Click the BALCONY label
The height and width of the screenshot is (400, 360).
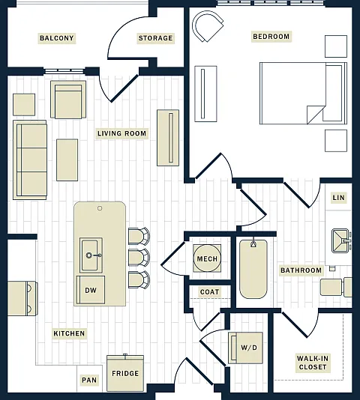point(57,38)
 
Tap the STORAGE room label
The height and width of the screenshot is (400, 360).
point(155,38)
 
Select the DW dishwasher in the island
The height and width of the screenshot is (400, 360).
point(91,290)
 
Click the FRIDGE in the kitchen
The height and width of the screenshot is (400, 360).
point(125,373)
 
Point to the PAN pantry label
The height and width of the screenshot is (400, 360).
point(89,380)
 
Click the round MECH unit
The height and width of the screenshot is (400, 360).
point(207,258)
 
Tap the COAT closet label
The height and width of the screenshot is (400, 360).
point(209,292)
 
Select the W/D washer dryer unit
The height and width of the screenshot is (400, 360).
point(245,348)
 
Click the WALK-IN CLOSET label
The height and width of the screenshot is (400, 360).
point(313,363)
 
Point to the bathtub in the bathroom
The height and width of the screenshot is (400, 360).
point(253,269)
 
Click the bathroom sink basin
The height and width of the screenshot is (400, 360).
point(340,240)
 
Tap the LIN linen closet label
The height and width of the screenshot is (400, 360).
point(338,198)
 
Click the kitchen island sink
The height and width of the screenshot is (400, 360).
point(91,255)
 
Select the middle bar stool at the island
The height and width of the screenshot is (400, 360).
point(139,258)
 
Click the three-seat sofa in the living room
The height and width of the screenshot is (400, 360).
point(30,160)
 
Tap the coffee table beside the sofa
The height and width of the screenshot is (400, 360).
point(67,160)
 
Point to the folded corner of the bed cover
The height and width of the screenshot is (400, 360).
point(315,114)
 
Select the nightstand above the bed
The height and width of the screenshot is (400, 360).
point(336,46)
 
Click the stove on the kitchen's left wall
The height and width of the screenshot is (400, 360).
point(22,298)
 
